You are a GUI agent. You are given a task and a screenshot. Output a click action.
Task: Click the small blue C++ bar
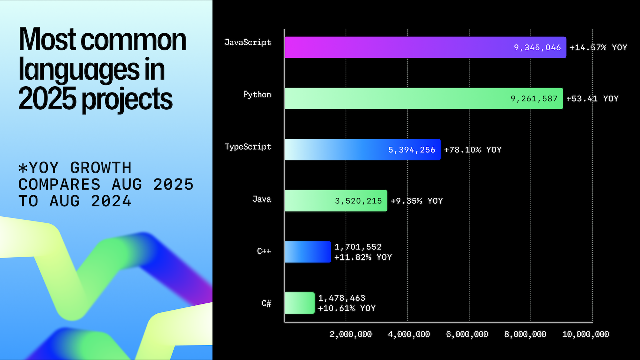point(307,252)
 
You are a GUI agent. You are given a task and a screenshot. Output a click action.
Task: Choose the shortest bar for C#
point(299,303)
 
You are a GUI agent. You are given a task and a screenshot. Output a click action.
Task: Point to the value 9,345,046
point(537,47)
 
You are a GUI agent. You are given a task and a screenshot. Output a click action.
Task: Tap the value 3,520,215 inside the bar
point(358,201)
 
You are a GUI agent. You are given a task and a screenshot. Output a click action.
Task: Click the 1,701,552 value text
point(358,247)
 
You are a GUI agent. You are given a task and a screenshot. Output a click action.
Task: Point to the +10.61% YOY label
point(347,308)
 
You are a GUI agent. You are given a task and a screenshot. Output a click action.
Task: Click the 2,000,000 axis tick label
point(350,334)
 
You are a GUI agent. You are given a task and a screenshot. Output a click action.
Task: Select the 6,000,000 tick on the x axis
point(467,334)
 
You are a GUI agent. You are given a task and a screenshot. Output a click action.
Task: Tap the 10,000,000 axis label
point(586,334)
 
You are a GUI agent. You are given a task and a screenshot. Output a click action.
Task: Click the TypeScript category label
point(247,147)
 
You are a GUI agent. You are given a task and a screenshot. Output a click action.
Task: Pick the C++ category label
point(264,251)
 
